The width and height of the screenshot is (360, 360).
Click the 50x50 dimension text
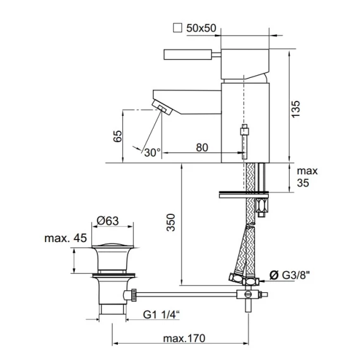[201, 28]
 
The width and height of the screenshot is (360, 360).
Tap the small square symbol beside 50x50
[177, 28]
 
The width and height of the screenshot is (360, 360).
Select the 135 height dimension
[296, 109]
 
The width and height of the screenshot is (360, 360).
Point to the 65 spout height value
[118, 136]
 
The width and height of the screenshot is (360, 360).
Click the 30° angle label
[152, 153]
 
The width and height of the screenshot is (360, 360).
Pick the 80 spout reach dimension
[202, 148]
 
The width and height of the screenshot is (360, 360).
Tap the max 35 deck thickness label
[307, 177]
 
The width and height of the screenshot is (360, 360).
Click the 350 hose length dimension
[171, 222]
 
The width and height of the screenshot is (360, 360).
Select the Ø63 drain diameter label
[108, 221]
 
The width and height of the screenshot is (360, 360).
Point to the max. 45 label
[66, 238]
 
